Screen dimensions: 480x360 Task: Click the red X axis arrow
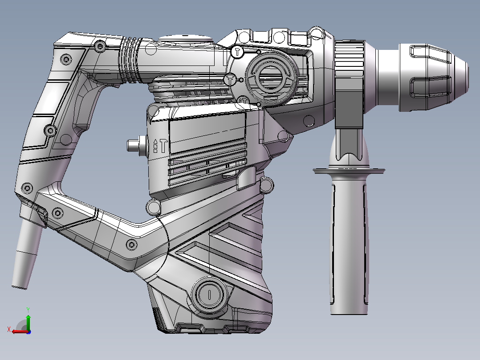[20, 331]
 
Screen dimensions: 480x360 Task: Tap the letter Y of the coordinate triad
[28, 310]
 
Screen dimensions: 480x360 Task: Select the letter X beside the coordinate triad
[9, 329]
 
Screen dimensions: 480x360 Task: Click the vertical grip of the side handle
[349, 245]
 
